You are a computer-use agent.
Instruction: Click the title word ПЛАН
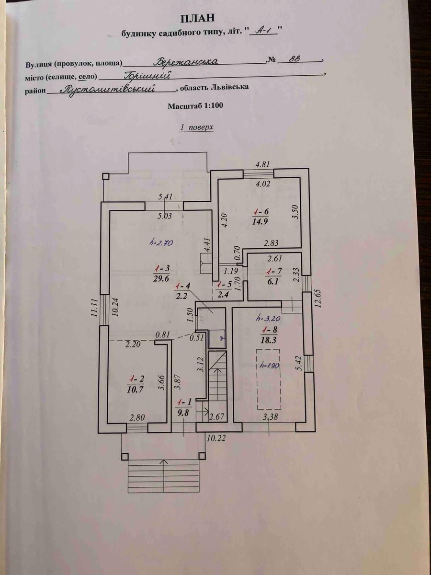pos(198,18)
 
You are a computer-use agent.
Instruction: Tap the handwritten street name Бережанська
pos(185,61)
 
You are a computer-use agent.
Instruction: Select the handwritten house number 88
pos(295,58)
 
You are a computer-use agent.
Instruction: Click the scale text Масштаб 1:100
pos(195,106)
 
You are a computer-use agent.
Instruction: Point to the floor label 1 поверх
pos(196,127)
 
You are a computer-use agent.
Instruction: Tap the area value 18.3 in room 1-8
pos(269,340)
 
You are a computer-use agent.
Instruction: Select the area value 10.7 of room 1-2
pos(136,390)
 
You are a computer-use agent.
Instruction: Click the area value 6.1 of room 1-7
pos(273,282)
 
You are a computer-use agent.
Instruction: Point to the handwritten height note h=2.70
pos(161,243)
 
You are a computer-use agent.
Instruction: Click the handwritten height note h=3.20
pos(269,319)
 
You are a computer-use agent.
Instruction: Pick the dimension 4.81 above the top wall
pos(262,164)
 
